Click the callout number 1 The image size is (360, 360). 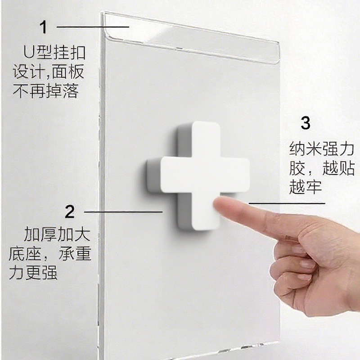[44, 27]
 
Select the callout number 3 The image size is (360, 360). [306, 123]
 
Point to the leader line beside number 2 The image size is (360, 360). [123, 211]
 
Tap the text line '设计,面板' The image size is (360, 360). [49, 72]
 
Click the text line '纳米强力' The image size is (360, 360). [322, 149]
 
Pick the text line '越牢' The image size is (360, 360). [306, 188]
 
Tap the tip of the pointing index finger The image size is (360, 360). [220, 206]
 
